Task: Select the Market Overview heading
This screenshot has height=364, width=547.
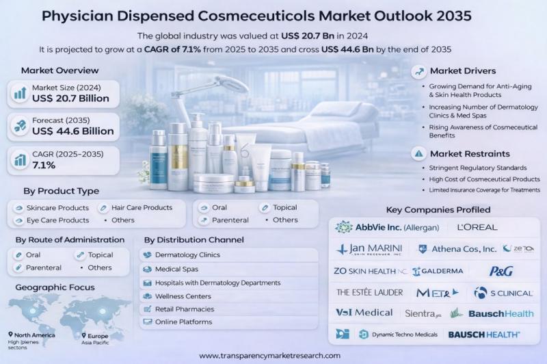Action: click(60, 70)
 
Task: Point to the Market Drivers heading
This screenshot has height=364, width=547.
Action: click(463, 70)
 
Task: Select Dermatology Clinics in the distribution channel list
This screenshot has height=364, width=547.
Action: click(186, 255)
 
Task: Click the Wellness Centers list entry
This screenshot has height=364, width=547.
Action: click(182, 296)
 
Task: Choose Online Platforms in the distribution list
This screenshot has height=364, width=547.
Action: click(183, 322)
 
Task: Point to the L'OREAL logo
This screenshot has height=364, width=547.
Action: click(477, 227)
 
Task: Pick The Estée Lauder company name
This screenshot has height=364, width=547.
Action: click(369, 292)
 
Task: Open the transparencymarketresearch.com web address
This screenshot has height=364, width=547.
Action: click(269, 356)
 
